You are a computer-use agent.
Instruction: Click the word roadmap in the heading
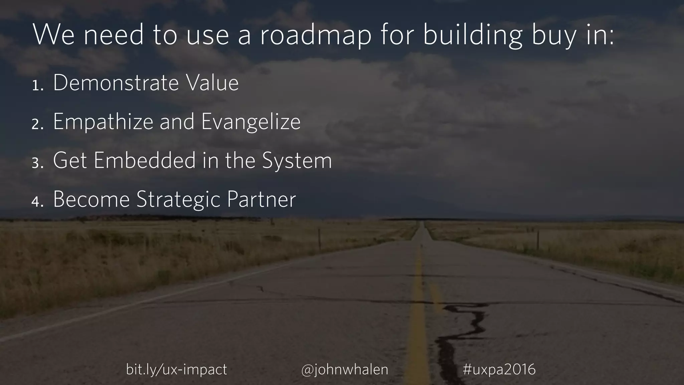[315, 35]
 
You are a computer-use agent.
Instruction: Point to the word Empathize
[103, 122]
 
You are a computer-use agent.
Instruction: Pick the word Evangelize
[251, 122]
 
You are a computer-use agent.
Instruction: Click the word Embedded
[145, 160]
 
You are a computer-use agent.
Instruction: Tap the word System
[297, 161]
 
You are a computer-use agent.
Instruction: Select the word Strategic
[179, 200]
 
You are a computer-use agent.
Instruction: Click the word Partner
[261, 200]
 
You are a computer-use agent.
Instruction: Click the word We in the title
[53, 35]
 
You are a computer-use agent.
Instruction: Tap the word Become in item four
[91, 200]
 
